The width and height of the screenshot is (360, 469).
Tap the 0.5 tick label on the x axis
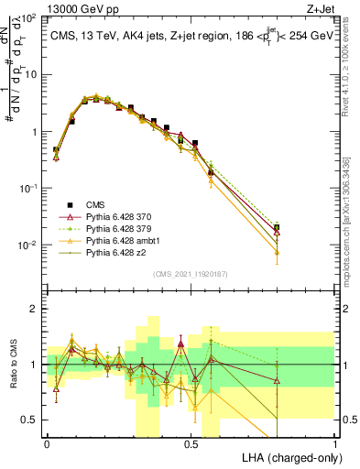191,443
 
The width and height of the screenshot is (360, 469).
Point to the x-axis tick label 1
334,443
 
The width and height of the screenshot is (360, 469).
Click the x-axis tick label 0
47,443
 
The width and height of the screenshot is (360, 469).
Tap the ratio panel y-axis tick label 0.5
32,420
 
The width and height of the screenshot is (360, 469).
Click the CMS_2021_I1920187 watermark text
191,273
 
